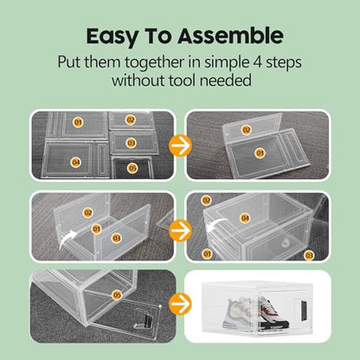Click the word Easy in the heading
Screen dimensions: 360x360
tap(111, 36)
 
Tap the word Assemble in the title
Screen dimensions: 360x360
tap(230, 35)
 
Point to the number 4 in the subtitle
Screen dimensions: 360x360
tap(257, 62)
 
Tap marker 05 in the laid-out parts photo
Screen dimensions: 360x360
tap(132, 168)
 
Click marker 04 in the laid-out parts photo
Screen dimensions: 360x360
tap(76, 163)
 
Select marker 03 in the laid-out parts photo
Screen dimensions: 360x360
tap(132, 143)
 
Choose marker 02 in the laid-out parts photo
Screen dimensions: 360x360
tap(131, 119)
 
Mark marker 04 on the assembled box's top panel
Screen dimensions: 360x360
tap(245, 218)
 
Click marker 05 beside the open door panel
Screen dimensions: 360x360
tap(117, 295)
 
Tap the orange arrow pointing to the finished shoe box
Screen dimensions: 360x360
tap(180, 304)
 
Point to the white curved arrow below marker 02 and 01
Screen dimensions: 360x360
tap(68, 239)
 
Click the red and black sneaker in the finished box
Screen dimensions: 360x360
tap(273, 313)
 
